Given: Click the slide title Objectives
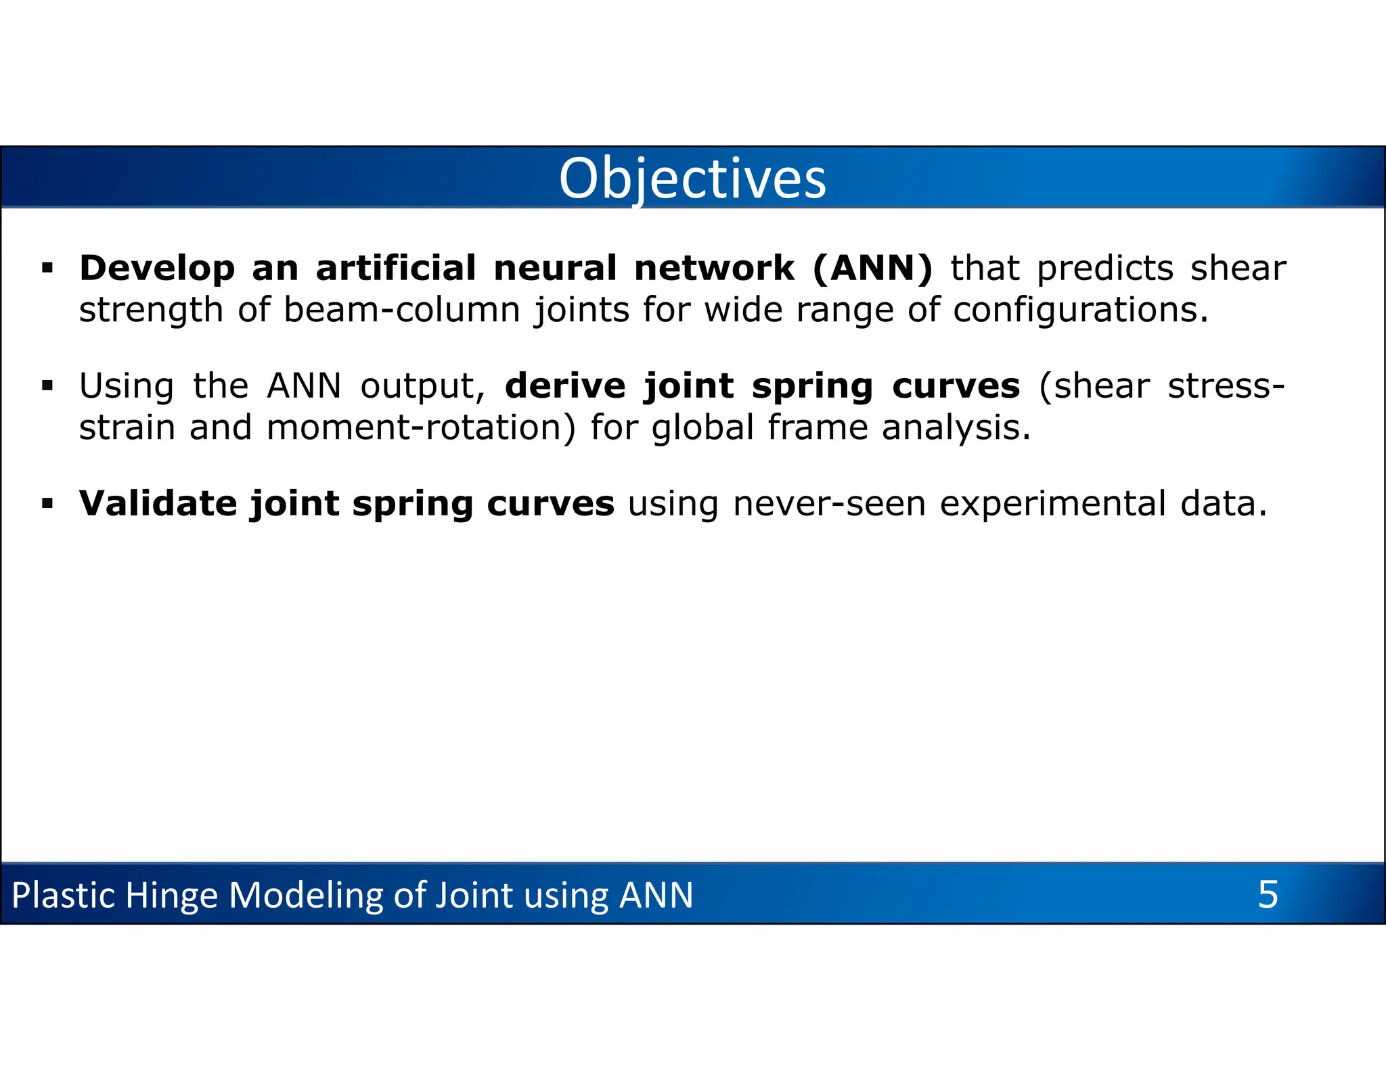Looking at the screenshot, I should coord(692,179).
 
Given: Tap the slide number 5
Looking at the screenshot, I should coord(1268,894).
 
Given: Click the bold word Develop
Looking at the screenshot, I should coord(157,269).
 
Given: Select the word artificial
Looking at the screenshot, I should coord(396,268).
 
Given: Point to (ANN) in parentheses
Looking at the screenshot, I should coord(872,269).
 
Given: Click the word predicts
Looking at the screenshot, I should coord(1104,269).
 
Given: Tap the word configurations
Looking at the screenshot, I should coord(1080,310).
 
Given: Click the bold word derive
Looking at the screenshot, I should coord(565,386).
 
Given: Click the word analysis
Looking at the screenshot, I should coord(956,427).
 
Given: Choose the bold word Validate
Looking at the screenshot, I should coord(157,504).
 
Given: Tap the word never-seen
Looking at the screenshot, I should coord(829,504).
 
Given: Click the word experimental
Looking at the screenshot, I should coord(1052,504).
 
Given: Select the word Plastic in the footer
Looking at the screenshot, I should coord(64,895).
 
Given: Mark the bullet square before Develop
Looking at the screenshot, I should coord(47,269).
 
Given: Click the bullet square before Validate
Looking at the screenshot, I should coord(47,504).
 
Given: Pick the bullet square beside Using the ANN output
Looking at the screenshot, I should coord(47,386).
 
